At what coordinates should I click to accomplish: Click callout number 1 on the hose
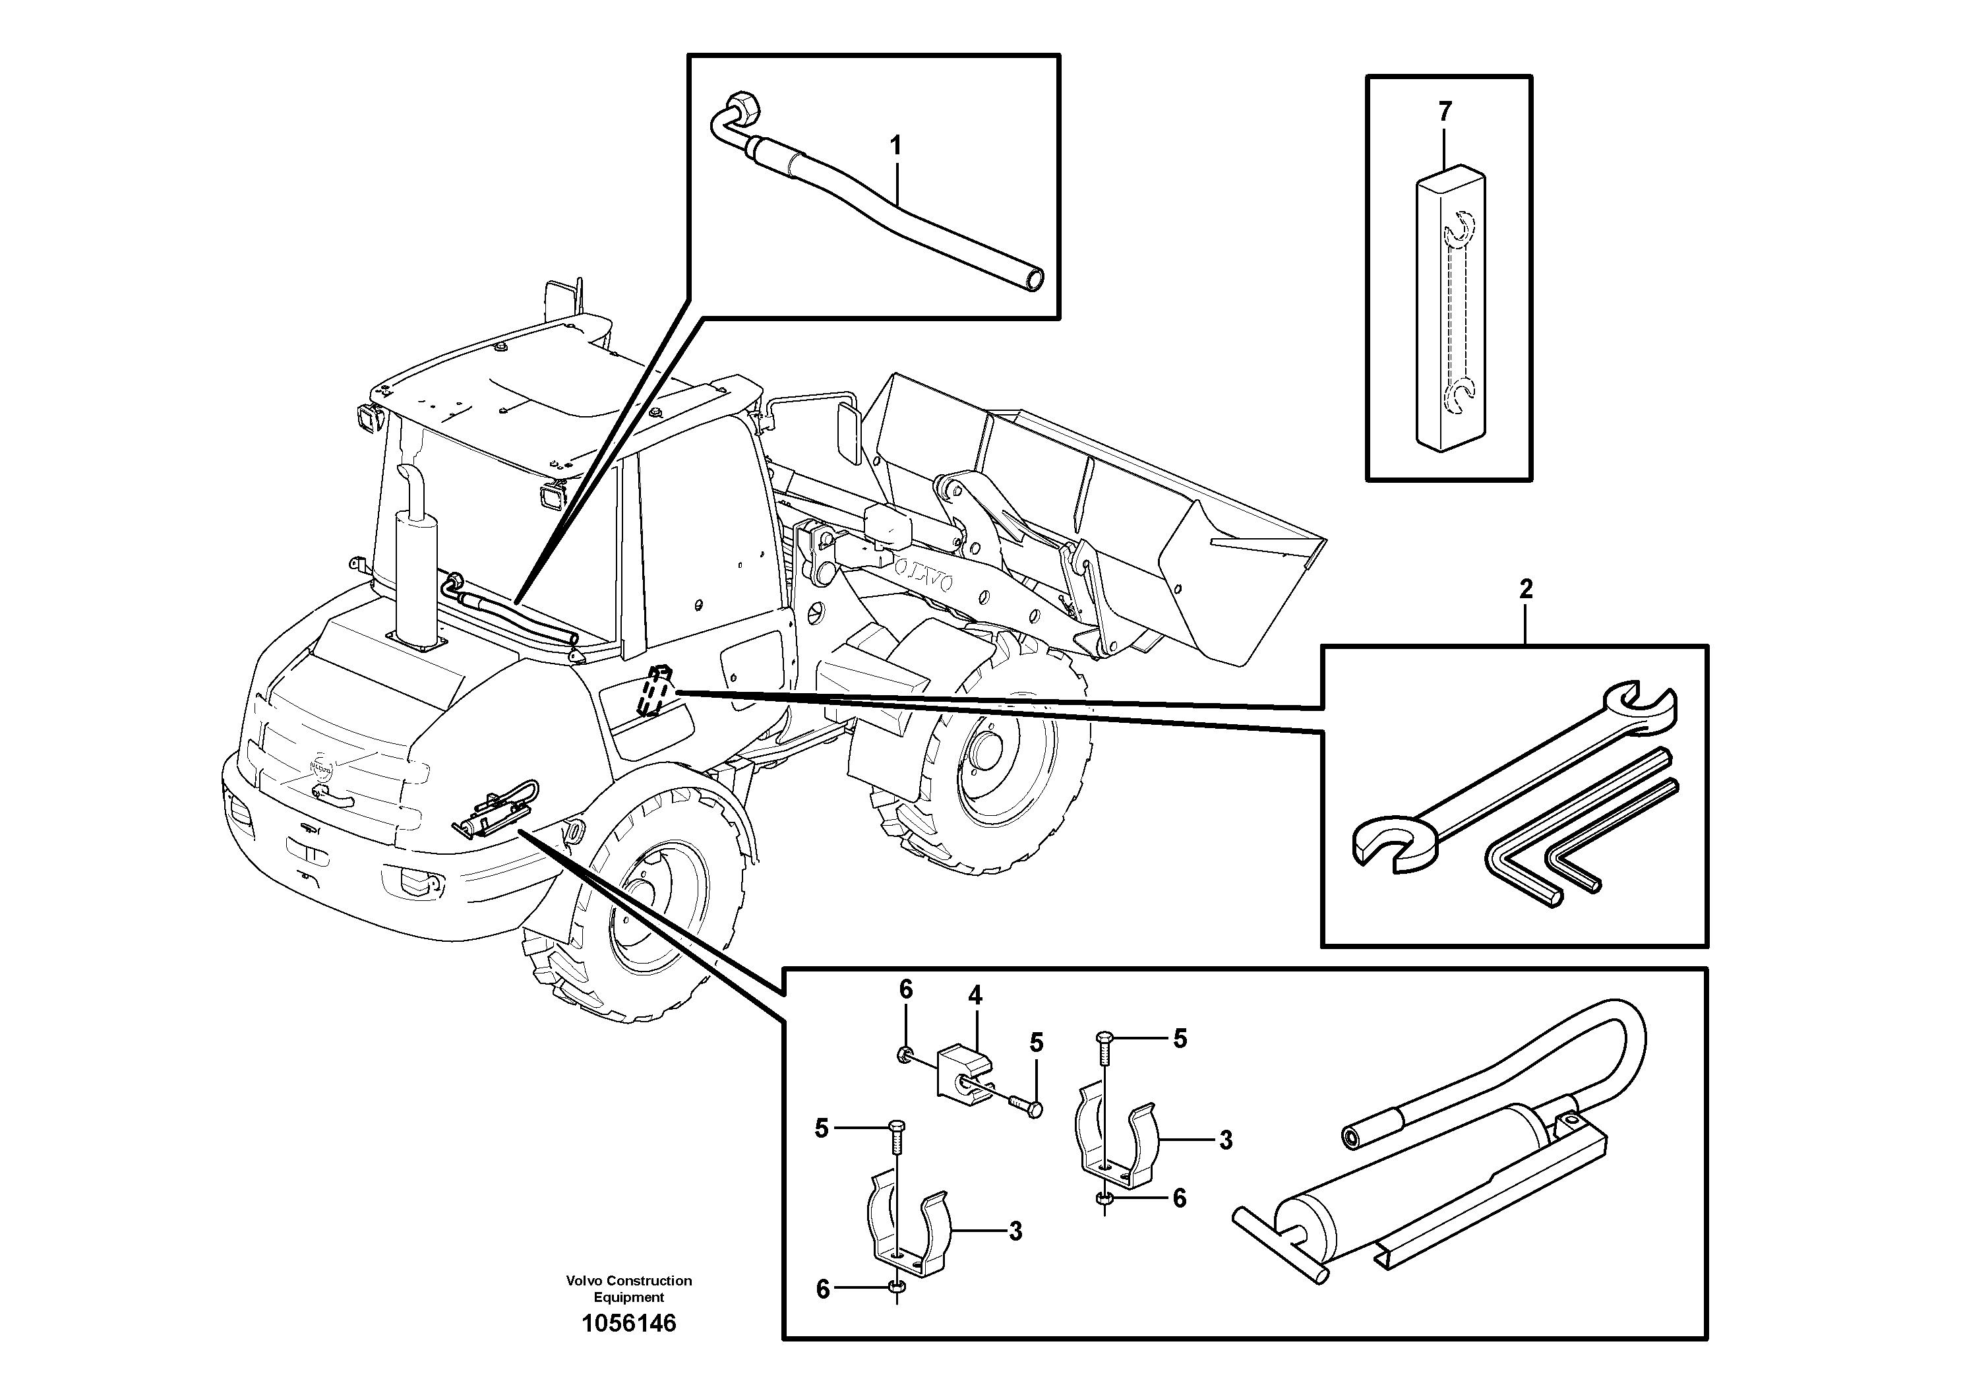[x=895, y=146]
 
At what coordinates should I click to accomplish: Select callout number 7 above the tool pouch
[x=1445, y=111]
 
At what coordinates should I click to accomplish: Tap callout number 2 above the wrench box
[x=1526, y=588]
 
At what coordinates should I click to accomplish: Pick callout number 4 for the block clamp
[x=975, y=995]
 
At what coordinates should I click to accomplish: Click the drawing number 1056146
[x=628, y=1324]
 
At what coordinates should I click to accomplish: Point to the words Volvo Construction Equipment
[x=628, y=1289]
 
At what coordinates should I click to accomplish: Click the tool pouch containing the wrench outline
[x=1451, y=312]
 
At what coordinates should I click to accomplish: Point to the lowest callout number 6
[x=822, y=1289]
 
